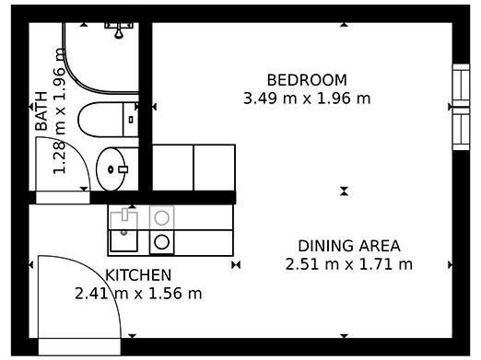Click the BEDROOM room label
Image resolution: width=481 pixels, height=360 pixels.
click(x=307, y=80)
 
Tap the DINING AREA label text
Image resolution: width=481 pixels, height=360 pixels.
click(x=349, y=246)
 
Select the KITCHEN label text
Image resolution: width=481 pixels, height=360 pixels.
click(x=138, y=275)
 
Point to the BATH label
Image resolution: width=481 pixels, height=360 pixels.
click(x=41, y=111)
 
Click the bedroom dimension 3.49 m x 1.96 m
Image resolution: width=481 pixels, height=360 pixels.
click(x=307, y=99)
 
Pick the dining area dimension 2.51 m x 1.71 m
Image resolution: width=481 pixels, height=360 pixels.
click(x=349, y=264)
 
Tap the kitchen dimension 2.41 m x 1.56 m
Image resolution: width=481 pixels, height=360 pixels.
click(x=138, y=294)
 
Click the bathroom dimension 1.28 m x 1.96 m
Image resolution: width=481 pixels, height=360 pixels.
click(x=59, y=111)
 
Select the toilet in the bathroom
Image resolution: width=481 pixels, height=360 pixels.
click(x=108, y=120)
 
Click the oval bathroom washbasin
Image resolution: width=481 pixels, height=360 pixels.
click(x=111, y=168)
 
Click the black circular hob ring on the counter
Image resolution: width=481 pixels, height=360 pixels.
click(x=161, y=242)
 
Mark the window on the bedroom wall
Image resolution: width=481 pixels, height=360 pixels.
click(x=462, y=107)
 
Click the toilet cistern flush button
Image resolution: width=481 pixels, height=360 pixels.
click(x=131, y=120)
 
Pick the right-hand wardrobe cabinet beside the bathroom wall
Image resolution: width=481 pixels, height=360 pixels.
click(x=215, y=168)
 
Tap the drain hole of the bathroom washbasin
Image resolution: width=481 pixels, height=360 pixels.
click(x=111, y=169)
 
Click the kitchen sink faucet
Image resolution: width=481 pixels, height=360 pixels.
click(x=124, y=215)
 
